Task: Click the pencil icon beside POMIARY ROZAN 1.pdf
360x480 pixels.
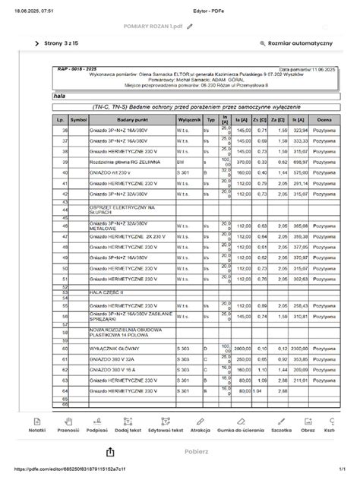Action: (x=189, y=26)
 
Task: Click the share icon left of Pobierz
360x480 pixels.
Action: (x=110, y=451)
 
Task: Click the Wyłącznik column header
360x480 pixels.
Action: (x=188, y=120)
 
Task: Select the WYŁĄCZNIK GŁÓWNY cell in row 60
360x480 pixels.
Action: (x=113, y=348)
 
